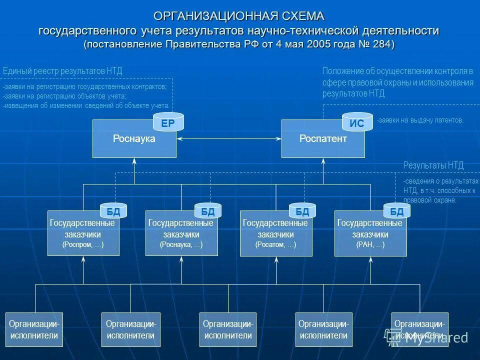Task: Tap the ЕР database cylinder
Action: [x=168, y=123]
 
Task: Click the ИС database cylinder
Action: [x=357, y=123]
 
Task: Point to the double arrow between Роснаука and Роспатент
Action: [x=229, y=138]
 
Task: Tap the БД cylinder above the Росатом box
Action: [x=302, y=211]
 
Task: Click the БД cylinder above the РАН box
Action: [x=396, y=211]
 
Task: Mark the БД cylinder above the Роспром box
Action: [x=113, y=211]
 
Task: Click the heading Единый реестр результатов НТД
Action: [x=62, y=71]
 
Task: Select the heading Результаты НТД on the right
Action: [x=433, y=165]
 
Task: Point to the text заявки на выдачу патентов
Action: [x=420, y=120]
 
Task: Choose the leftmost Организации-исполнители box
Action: [x=34, y=329]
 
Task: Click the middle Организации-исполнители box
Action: [x=228, y=329]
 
